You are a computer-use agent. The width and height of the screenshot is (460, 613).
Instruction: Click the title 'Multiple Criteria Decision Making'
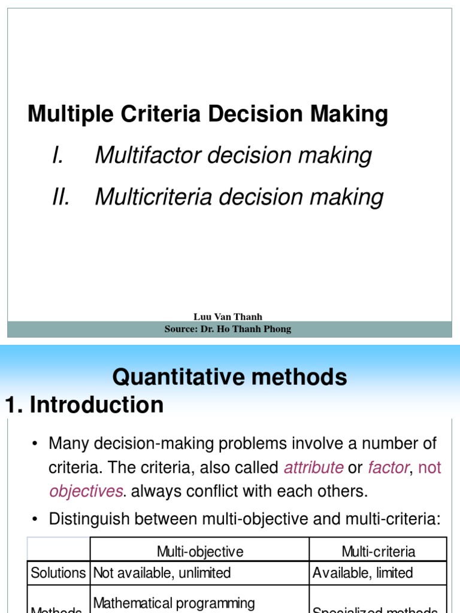(x=208, y=114)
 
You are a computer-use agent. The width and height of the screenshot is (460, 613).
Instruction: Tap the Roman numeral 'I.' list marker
(x=58, y=156)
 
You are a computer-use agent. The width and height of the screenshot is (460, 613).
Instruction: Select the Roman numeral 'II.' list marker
(x=61, y=197)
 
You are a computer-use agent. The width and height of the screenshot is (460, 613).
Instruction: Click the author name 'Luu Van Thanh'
(x=228, y=317)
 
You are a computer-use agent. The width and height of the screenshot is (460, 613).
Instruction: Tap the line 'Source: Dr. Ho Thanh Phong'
(x=228, y=329)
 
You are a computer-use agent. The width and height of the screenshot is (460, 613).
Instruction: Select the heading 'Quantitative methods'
(x=229, y=377)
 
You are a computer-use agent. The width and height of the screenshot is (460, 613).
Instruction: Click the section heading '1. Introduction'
(x=84, y=405)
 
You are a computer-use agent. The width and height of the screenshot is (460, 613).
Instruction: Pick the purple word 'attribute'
(x=313, y=468)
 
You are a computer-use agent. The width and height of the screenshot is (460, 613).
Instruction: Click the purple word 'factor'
(x=388, y=468)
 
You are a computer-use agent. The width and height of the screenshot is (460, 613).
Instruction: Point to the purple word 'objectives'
(x=86, y=491)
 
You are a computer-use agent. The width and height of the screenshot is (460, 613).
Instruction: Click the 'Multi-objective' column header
(x=200, y=551)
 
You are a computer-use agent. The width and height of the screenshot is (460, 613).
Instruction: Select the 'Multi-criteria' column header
(x=378, y=551)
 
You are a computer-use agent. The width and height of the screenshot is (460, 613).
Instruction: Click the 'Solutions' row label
(x=59, y=573)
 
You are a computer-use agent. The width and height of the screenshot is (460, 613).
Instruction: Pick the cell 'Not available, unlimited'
(x=162, y=573)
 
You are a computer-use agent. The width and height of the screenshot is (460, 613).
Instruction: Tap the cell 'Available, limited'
(x=363, y=573)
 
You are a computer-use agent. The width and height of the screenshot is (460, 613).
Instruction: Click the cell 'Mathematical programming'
(x=174, y=603)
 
